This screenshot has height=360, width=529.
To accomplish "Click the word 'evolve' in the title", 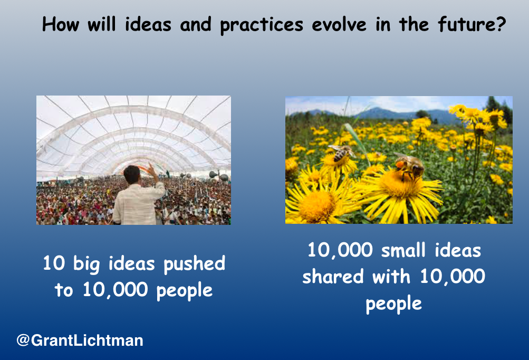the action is (x=339, y=25).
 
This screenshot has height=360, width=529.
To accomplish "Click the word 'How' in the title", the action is (x=61, y=24).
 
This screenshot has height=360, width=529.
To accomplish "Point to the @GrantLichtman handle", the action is (x=80, y=340).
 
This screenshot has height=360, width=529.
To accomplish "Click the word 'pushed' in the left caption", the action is (x=194, y=264).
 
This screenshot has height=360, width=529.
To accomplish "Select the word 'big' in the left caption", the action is (x=86, y=264).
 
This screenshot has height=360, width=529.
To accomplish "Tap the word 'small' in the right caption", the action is (x=403, y=250).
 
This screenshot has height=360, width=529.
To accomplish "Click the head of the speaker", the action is (x=132, y=174).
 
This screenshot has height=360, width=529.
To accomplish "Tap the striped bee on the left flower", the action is (x=341, y=153).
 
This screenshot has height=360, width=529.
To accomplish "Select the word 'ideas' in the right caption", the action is (x=458, y=250).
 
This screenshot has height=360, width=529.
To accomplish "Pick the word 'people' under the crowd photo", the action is (x=185, y=291).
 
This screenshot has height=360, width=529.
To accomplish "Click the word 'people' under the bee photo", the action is (x=393, y=304).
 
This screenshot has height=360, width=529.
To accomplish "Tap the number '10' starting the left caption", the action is (x=54, y=263).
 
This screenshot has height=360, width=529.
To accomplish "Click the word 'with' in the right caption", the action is (x=391, y=276).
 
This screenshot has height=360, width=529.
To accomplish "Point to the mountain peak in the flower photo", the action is (x=378, y=109).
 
